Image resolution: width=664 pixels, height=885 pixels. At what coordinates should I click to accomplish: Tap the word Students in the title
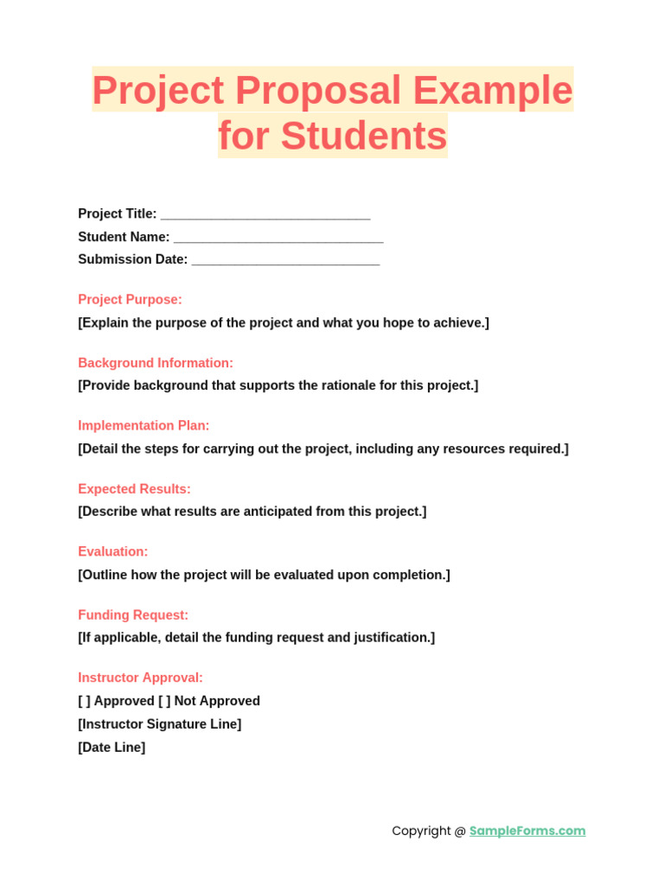[x=363, y=137]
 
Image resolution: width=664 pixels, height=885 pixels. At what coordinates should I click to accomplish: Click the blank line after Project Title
[x=265, y=214]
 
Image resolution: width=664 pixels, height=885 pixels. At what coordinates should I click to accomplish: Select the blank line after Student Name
[x=278, y=238]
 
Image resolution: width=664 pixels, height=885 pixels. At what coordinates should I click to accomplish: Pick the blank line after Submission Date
[x=285, y=260]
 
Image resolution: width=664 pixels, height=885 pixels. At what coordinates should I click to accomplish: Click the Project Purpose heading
[x=130, y=300]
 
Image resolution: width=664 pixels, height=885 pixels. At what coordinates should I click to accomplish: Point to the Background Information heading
[x=156, y=363]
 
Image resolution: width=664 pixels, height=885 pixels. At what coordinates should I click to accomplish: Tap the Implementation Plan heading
[x=144, y=426]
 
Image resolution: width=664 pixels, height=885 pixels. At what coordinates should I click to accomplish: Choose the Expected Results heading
[x=134, y=489]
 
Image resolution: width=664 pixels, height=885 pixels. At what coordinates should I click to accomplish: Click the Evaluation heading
[x=112, y=551]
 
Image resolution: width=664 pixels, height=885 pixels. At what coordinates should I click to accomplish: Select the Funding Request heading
[x=133, y=615]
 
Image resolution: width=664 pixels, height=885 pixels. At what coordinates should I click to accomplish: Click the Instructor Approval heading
[x=140, y=678]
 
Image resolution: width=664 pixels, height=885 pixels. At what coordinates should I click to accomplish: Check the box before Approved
[x=84, y=702]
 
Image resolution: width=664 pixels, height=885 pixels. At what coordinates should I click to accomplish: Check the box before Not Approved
[x=164, y=702]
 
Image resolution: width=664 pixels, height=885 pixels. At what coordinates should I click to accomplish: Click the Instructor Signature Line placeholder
[x=160, y=724]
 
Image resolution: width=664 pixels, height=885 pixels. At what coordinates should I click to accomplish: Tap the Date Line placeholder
[x=112, y=748]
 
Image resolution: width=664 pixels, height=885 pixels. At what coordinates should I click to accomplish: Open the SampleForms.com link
[x=527, y=831]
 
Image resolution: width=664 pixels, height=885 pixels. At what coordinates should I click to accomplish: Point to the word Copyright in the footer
[x=422, y=831]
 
